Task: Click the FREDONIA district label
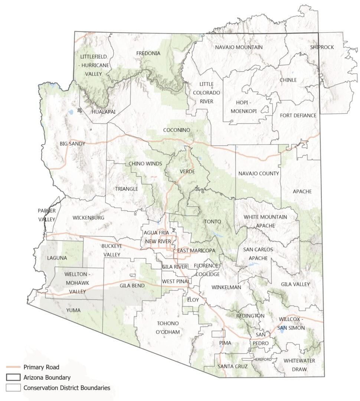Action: (148, 53)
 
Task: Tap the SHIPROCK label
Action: (322, 47)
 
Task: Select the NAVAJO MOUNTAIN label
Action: (239, 47)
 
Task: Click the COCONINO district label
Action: (177, 130)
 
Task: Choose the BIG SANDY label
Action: (72, 144)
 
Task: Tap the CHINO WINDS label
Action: (145, 164)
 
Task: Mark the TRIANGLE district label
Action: (126, 189)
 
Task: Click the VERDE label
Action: (187, 172)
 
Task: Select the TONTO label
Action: (213, 222)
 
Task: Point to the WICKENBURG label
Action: (88, 218)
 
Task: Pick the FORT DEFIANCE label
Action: (298, 115)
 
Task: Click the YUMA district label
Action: (73, 310)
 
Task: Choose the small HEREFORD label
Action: (263, 359)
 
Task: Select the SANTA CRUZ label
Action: (233, 366)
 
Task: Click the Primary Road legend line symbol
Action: (13, 367)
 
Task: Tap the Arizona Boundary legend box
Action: (13, 378)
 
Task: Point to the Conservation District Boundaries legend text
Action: (67, 388)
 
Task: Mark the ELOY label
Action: (193, 300)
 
